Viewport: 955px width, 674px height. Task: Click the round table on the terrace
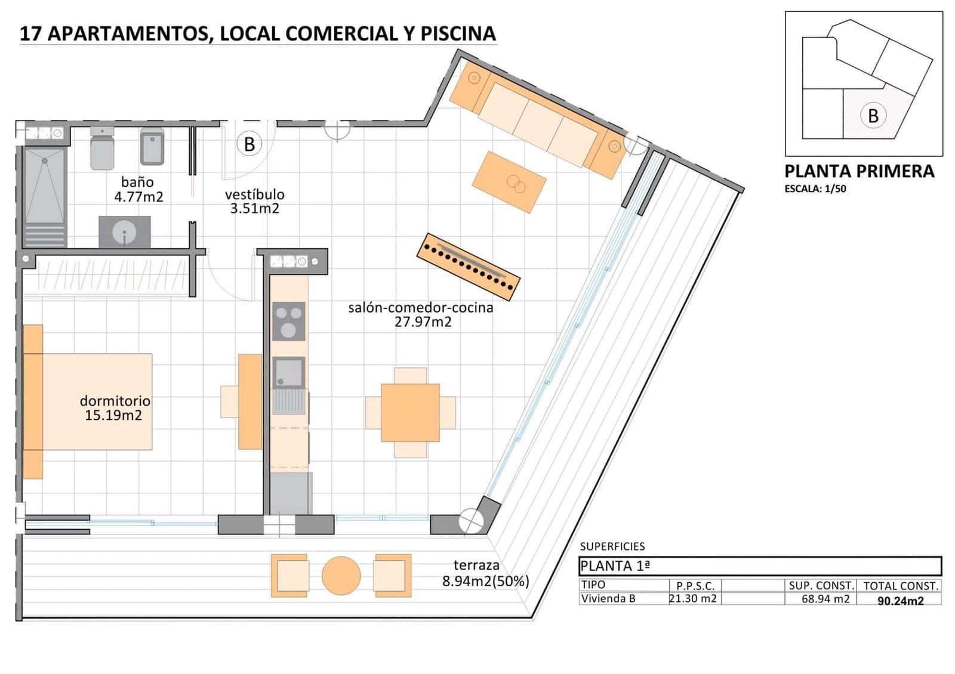coord(341,576)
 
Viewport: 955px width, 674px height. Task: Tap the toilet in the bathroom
coord(102,149)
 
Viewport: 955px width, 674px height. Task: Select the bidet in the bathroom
coord(152,147)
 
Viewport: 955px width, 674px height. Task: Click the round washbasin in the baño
coord(124,231)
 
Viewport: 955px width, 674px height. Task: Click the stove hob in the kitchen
coord(288,321)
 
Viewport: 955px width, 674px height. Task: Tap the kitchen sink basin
coord(289,372)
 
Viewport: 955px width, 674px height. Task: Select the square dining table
coord(410,412)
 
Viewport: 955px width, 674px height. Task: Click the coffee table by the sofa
coord(509,181)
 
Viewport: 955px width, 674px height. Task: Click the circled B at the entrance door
coord(249,144)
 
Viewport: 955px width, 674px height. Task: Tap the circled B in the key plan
coord(873,115)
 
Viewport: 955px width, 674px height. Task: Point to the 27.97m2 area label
coord(423,322)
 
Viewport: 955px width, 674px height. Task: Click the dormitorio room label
coord(115,401)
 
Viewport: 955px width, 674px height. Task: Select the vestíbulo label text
coord(254,194)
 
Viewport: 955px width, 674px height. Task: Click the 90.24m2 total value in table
coord(900,601)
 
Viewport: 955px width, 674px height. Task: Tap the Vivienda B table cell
coord(608,599)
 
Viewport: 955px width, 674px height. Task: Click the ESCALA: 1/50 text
coord(815,189)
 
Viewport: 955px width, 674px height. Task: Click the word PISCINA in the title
coord(458,33)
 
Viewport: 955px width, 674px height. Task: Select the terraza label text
coord(476,565)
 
